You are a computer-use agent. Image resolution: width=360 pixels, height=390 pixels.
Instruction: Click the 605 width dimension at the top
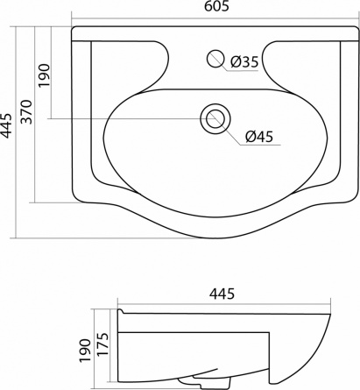pyautogui.click(x=216, y=6)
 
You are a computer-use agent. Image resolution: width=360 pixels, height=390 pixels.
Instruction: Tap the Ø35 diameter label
pyautogui.click(x=244, y=61)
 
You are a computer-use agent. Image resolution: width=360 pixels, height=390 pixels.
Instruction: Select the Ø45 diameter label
pyautogui.click(x=259, y=137)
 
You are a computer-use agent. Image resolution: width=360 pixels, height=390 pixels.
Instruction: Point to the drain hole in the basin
pyautogui.click(x=215, y=119)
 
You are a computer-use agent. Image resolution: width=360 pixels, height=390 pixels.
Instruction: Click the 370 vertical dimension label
pyautogui.click(x=26, y=112)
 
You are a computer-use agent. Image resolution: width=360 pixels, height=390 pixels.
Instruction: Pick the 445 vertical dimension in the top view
pyautogui.click(x=6, y=125)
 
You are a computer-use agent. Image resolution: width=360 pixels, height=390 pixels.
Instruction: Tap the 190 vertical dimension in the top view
pyautogui.click(x=44, y=75)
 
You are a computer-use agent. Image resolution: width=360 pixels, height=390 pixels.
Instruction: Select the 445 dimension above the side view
pyautogui.click(x=222, y=294)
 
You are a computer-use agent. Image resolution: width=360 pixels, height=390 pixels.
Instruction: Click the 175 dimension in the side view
pyautogui.click(x=102, y=344)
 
